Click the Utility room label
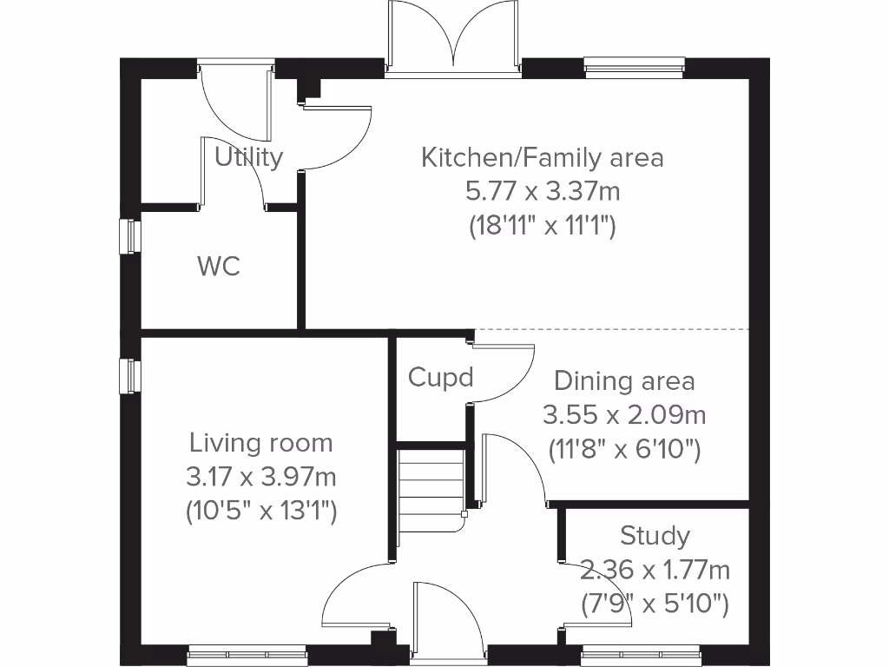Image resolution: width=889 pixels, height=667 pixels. coord(249,157)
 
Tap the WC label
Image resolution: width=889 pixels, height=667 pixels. coord(219,266)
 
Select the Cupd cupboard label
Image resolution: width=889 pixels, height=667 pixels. coord(441,378)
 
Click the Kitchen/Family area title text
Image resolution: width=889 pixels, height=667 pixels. coord(543,157)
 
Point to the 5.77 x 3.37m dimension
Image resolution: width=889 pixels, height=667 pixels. coord(543,191)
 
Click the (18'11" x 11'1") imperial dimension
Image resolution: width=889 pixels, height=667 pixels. coord(543,226)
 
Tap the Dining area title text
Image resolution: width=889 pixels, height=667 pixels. coord(624,380)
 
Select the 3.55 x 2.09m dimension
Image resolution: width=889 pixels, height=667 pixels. coord(624,415)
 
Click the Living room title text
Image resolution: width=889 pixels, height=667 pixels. coord(261,443)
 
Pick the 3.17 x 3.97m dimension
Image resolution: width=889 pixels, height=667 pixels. coord(261,477)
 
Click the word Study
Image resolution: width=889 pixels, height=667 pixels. coord(655,535)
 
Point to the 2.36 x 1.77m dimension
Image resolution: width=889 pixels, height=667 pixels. coord(655,570)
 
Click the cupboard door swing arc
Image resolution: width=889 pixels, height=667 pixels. coord(504,372)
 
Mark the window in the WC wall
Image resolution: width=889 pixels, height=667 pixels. coord(129,236)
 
